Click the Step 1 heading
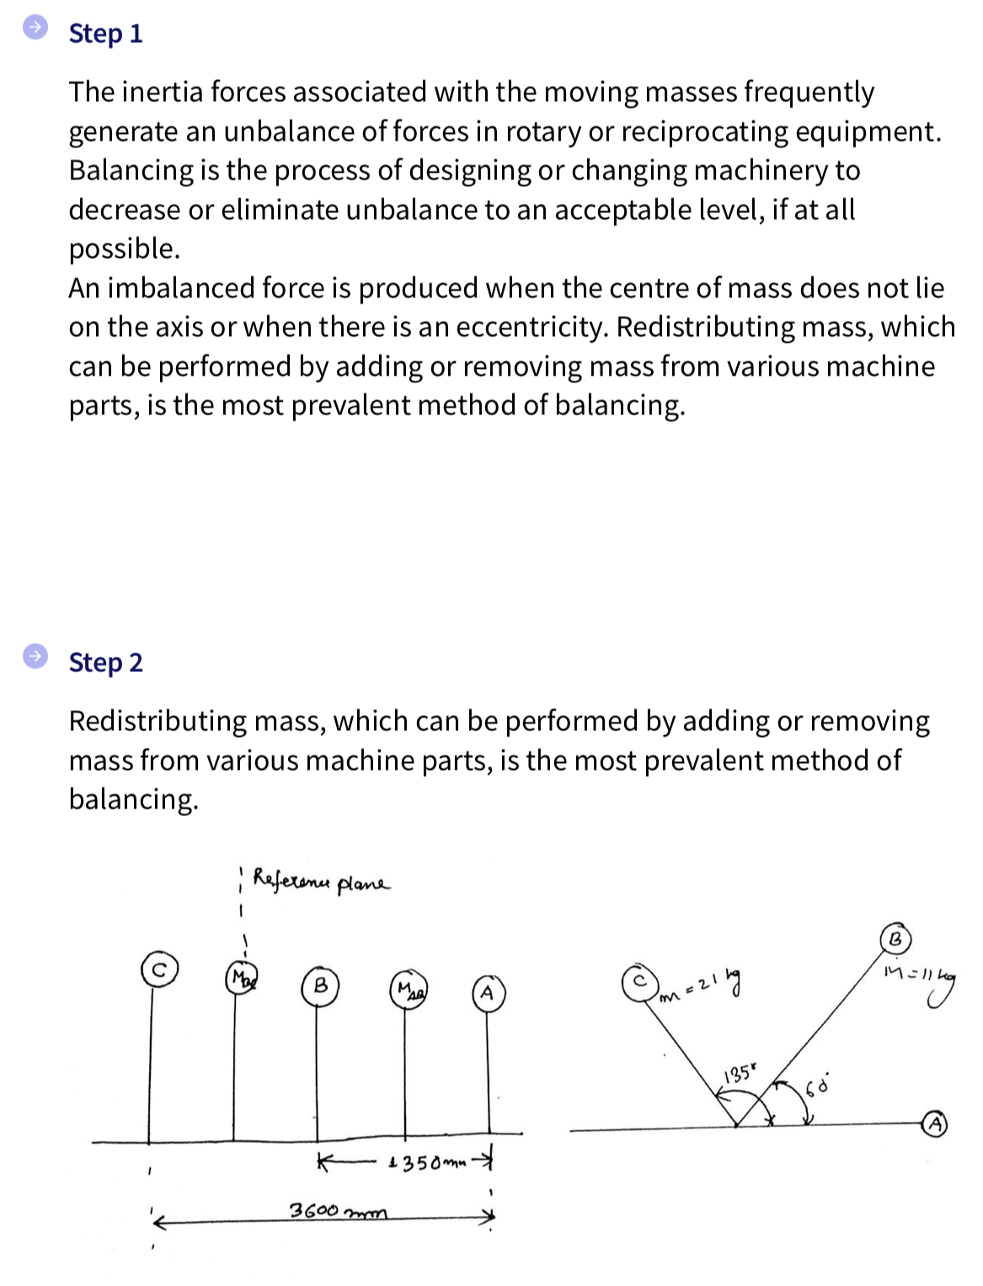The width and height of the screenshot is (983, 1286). click(105, 34)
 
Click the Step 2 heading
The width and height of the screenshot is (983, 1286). click(105, 663)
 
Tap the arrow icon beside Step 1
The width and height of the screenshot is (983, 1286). click(35, 28)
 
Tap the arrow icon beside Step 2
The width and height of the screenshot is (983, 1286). click(35, 656)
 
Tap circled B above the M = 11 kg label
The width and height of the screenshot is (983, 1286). click(895, 938)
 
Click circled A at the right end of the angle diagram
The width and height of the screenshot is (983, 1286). click(936, 1123)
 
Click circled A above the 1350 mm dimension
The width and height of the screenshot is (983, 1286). click(487, 991)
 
